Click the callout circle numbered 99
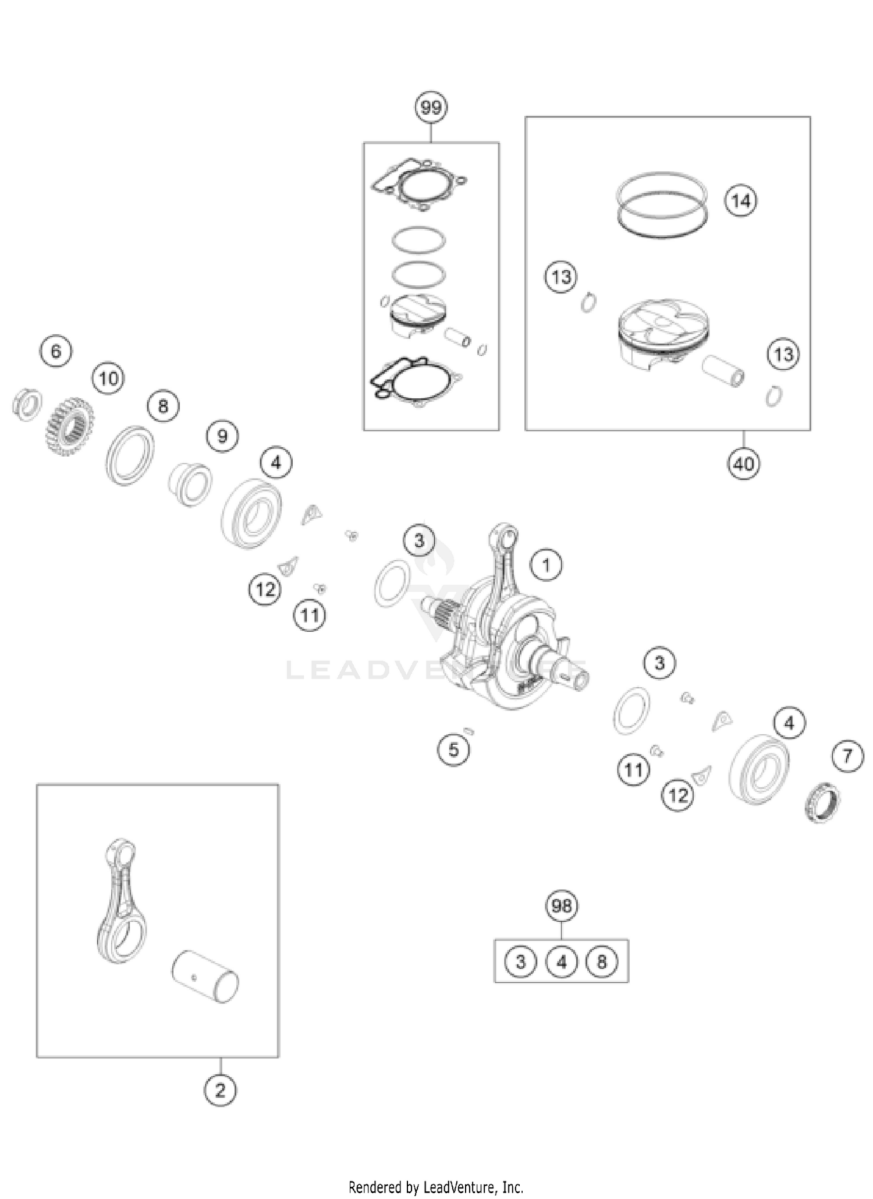click(x=431, y=108)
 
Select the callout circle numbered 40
click(x=743, y=464)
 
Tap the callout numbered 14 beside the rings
click(x=740, y=201)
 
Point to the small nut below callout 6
click(x=27, y=403)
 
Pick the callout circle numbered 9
click(x=222, y=436)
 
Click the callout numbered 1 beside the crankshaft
click(x=546, y=565)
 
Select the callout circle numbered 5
click(x=453, y=749)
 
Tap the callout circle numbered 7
click(x=847, y=756)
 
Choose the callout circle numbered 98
click(x=562, y=906)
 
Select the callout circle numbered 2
click(x=220, y=1090)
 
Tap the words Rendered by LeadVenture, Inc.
click(x=436, y=1187)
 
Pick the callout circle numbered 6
click(x=56, y=351)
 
